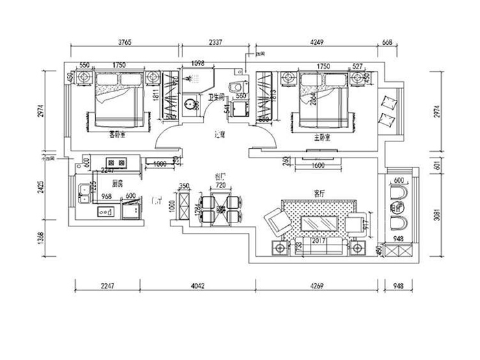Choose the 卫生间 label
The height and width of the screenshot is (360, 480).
tap(217, 97)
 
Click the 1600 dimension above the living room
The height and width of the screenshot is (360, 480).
tap(318, 165)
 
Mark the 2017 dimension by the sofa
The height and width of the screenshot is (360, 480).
tap(318, 241)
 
